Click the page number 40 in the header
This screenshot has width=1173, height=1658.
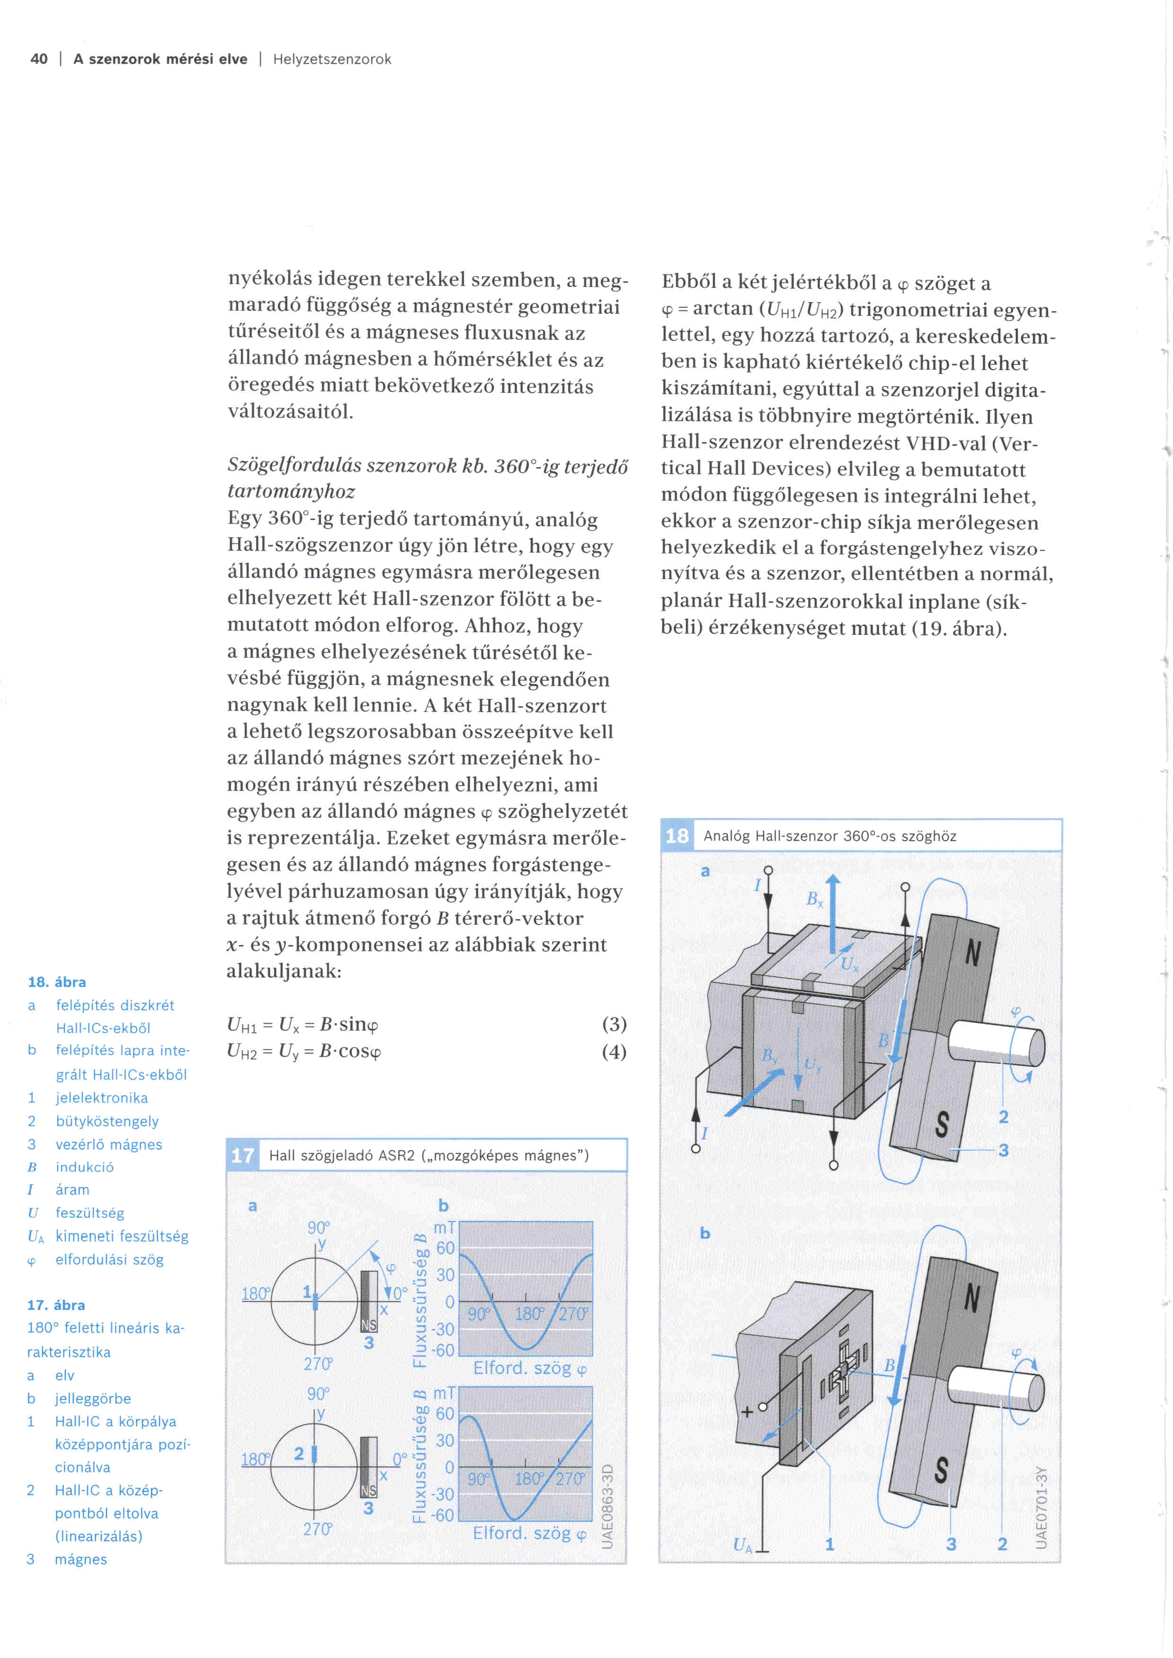pos(39,59)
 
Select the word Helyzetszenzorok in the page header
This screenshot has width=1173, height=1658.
pos(332,59)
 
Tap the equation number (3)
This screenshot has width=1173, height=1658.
pos(614,1024)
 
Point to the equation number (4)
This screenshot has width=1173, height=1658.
pos(614,1051)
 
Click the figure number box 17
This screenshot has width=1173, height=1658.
pos(242,1156)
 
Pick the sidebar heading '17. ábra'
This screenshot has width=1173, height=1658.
pos(56,1305)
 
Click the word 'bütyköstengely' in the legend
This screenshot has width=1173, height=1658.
pos(107,1121)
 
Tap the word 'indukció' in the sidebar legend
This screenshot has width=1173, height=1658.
pos(85,1167)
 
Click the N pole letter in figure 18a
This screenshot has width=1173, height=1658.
pos(973,954)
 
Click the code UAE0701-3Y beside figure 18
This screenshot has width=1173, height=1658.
pos(1041,1508)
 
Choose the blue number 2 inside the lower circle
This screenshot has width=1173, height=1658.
pos(299,1454)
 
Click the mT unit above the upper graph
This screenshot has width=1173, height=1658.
pos(444,1228)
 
